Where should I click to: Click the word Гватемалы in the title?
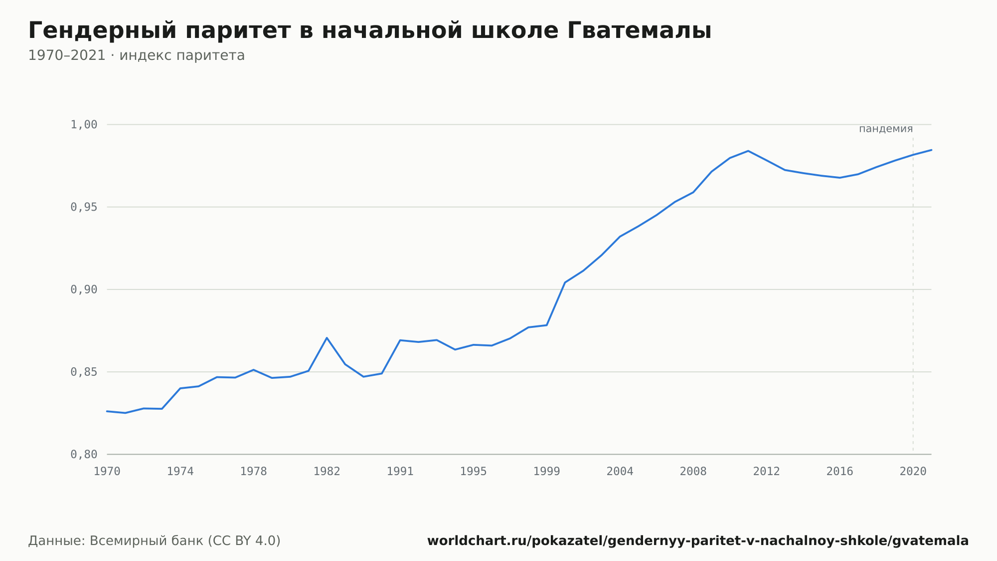coord(639,31)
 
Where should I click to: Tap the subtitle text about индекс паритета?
coord(136,55)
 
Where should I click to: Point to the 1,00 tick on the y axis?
coord(84,124)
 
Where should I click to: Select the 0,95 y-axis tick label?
coord(84,207)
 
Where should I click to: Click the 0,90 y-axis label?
coord(84,289)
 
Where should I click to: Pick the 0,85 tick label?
coord(84,372)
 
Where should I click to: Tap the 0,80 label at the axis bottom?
coord(84,454)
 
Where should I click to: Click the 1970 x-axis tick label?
coord(107,472)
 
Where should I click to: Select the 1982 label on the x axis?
coord(327,472)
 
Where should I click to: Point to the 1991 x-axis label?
coord(400,472)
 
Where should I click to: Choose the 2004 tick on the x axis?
coord(620,472)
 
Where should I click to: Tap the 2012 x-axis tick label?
coord(767,472)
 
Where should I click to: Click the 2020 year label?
coord(913,472)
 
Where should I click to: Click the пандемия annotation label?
coord(886,129)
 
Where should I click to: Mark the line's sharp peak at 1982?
coord(327,338)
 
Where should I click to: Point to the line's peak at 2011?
coord(748,151)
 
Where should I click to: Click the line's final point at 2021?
coord(931,150)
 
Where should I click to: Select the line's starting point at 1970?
coord(107,411)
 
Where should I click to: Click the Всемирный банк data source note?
coord(155,541)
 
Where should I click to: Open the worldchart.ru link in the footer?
coord(698,541)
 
